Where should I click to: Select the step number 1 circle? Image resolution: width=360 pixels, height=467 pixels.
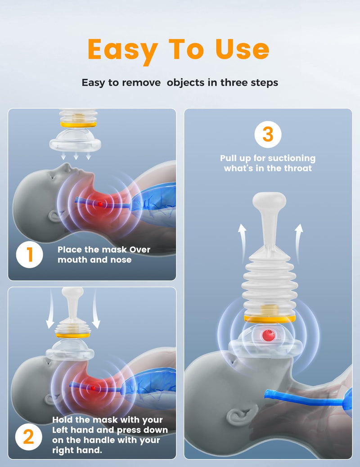[x=30, y=255]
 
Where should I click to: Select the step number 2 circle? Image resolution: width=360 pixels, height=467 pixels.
[x=29, y=437]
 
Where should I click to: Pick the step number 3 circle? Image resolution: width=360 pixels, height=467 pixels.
[x=268, y=135]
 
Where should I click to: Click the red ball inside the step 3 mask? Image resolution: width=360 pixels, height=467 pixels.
[x=268, y=335]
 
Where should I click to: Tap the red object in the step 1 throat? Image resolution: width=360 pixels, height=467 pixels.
[x=100, y=204]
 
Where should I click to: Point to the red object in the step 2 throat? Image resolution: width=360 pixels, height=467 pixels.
[x=93, y=387]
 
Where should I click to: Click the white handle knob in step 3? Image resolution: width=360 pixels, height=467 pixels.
[x=269, y=202]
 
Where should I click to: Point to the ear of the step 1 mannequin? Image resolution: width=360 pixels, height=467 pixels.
[x=53, y=216]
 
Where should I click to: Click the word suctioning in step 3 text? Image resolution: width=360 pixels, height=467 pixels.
[x=292, y=158]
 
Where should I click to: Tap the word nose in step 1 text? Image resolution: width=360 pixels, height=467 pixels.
[x=121, y=260]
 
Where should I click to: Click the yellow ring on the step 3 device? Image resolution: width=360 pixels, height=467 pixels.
[x=269, y=319]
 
